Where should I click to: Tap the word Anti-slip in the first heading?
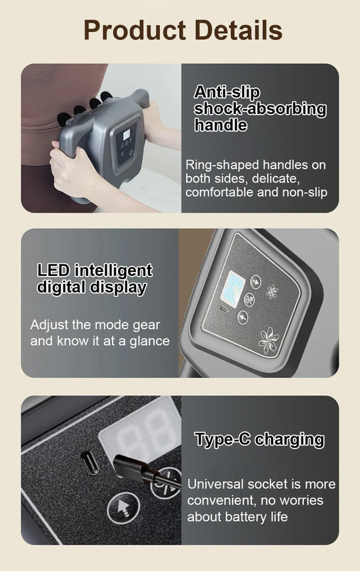tap(227, 93)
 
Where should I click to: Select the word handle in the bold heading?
tap(221, 125)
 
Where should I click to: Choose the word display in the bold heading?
tap(116, 288)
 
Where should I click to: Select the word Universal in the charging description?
tap(214, 484)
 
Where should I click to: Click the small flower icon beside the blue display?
tap(271, 292)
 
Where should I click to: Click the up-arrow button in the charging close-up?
tap(121, 509)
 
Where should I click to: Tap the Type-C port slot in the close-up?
tap(89, 463)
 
